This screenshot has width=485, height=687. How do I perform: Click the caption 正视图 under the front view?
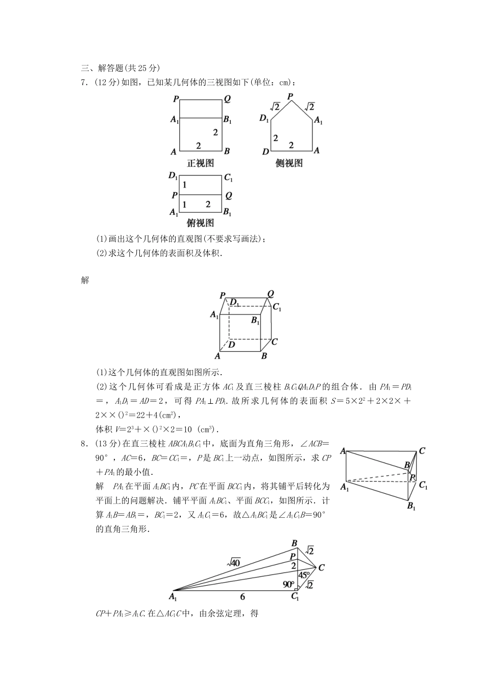click(x=200, y=164)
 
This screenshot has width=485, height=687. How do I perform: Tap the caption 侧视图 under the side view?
click(x=289, y=164)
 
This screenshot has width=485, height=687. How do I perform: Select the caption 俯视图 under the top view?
click(x=200, y=223)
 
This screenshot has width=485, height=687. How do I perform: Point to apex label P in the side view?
click(x=290, y=96)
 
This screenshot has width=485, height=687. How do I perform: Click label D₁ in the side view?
click(x=264, y=119)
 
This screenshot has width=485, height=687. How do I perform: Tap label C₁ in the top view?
click(x=228, y=178)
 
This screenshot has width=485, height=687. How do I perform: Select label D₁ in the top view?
click(x=173, y=177)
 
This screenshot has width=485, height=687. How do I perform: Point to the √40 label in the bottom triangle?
click(x=234, y=562)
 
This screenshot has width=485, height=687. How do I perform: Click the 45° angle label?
click(x=304, y=575)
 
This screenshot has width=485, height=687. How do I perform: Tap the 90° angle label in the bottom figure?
click(x=288, y=584)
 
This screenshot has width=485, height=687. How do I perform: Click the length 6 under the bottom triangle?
click(x=243, y=597)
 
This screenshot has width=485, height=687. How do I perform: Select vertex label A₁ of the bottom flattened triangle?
click(x=173, y=597)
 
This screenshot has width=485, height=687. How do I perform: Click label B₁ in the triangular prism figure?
click(x=411, y=507)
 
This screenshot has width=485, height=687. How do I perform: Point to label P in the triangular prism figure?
click(x=413, y=476)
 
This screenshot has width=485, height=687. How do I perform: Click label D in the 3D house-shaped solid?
click(x=231, y=345)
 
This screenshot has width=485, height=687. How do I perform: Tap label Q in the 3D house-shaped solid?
click(x=271, y=294)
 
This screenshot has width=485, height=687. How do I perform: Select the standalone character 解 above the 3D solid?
click(x=85, y=280)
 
